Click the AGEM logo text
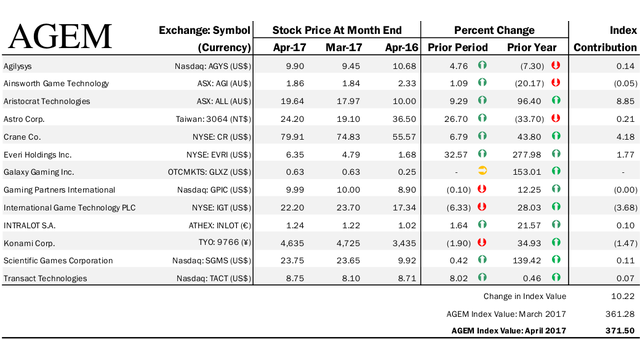point(60,37)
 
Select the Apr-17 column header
point(289,48)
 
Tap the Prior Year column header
point(531,48)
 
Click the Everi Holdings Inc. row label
point(37,155)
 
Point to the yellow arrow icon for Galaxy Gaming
point(482,171)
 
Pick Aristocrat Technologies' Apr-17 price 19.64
point(292,101)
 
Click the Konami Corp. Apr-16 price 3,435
point(404,243)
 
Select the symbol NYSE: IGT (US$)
point(221,208)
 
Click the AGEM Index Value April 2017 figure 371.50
point(620,331)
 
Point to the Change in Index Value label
point(524,296)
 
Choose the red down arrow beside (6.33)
point(482,207)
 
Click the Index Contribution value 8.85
point(625,101)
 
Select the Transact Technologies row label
point(45,278)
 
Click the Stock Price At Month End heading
point(337,30)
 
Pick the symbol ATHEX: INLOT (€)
point(220,225)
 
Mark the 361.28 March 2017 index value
point(620,314)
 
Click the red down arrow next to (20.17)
point(556,82)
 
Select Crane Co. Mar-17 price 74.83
point(348,137)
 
